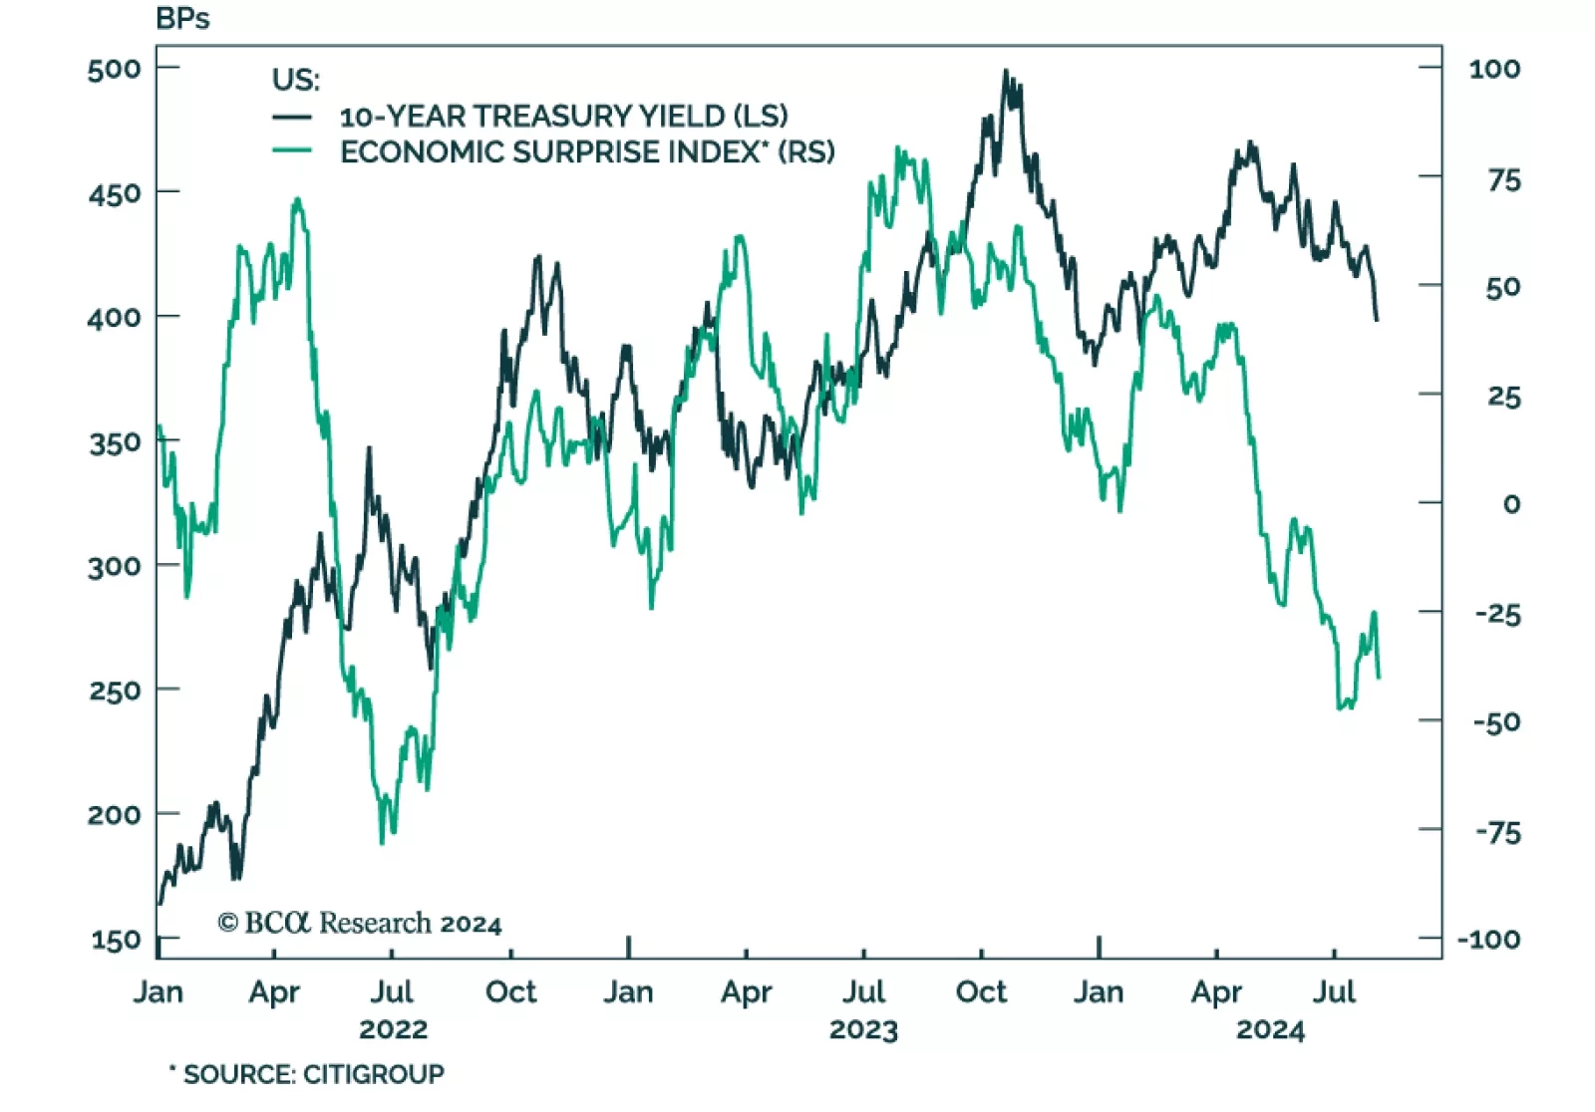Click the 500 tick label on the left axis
(x=114, y=69)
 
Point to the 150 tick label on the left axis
(x=116, y=940)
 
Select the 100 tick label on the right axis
(x=1494, y=69)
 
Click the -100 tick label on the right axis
(x=1488, y=939)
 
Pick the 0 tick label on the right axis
(x=1511, y=504)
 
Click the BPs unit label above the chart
(x=182, y=19)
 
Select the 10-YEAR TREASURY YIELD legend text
(x=563, y=117)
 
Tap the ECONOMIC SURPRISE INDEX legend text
(x=587, y=152)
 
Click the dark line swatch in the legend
(x=292, y=117)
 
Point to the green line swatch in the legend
(x=292, y=151)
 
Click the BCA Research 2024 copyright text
(x=359, y=924)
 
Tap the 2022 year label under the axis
(x=393, y=1029)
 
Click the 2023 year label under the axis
(x=863, y=1029)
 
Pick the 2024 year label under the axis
(x=1270, y=1029)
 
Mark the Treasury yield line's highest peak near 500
(x=1006, y=72)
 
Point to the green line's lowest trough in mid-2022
(x=382, y=843)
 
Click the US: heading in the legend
(x=296, y=80)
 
